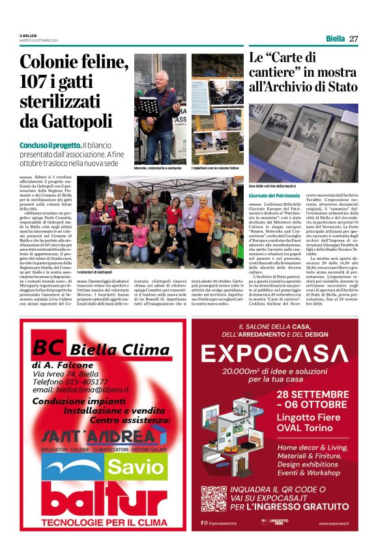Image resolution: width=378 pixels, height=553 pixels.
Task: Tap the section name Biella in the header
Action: point(335,38)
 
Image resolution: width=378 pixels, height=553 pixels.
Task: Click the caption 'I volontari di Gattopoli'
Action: point(94,272)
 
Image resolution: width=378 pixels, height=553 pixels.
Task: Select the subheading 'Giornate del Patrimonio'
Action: point(274,195)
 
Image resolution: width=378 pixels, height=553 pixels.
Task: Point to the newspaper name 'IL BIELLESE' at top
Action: point(29,36)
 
